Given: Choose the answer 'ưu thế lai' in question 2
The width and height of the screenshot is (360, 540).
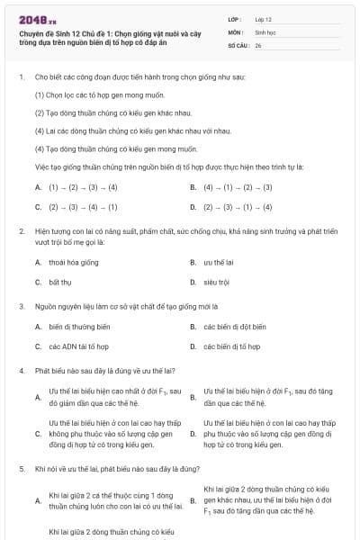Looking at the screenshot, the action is pos(219,262).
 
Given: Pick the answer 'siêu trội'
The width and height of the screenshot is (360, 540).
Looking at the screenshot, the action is pos(217,282).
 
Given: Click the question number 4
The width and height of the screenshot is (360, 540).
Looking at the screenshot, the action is pos(21,370).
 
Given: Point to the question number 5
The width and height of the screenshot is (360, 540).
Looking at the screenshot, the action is pos(21,469).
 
